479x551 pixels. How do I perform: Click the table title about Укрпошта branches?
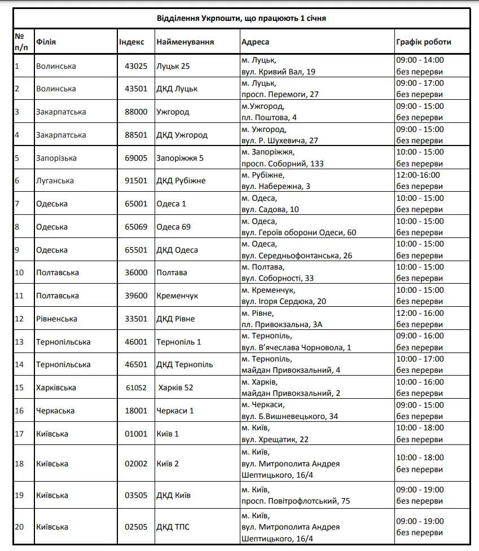[x=241, y=18]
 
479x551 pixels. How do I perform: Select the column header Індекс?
[x=131, y=42]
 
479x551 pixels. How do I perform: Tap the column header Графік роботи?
[x=423, y=42]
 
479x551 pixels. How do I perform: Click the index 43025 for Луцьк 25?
[x=136, y=66]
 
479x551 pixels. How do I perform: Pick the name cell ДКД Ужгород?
[x=182, y=135]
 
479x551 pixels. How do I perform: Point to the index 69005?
[x=136, y=158]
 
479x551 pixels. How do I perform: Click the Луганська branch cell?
[x=55, y=180]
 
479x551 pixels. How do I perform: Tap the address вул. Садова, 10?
[x=270, y=209]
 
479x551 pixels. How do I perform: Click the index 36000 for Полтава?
[x=136, y=272]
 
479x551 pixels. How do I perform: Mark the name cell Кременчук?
[x=177, y=296]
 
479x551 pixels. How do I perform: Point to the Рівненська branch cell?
[x=56, y=319]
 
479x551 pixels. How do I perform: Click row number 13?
[x=19, y=342]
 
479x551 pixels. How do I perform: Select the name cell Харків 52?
[x=177, y=387]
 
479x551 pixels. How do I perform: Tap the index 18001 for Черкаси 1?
[x=136, y=411]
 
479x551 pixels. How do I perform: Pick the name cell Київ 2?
[x=168, y=464]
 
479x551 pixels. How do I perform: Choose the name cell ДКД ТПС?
[x=173, y=527]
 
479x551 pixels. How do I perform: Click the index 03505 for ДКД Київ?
[x=136, y=495]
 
